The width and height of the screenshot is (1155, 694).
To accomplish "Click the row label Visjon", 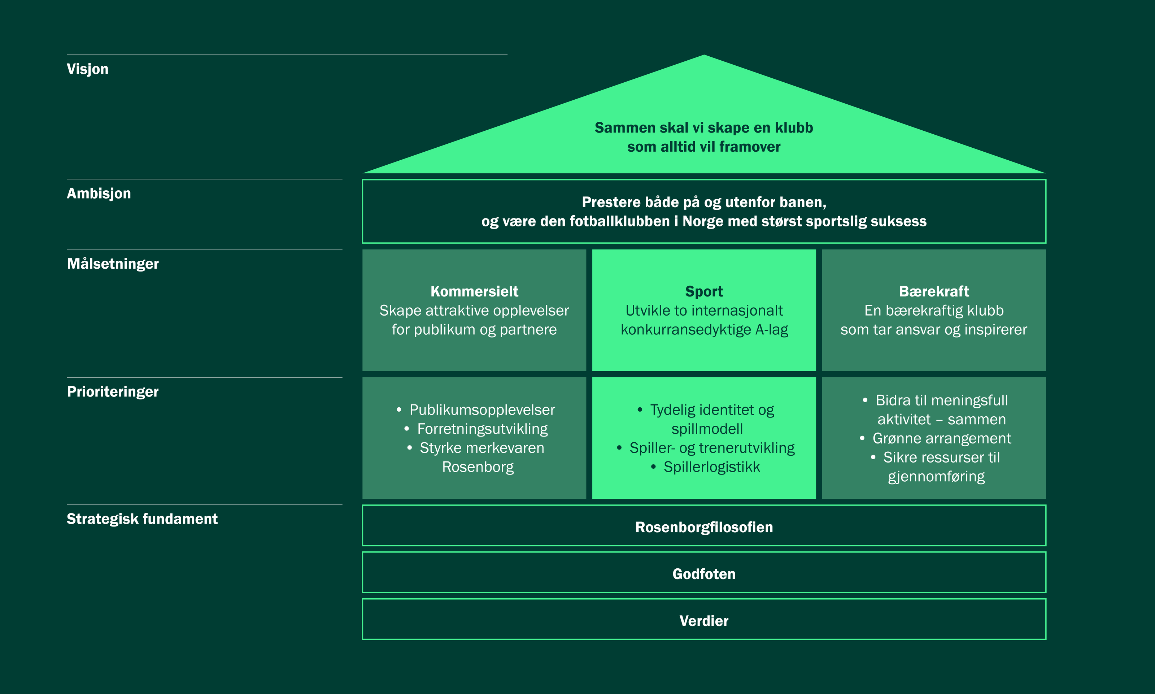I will point(87,69).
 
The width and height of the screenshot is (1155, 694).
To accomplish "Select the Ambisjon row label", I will point(99,194).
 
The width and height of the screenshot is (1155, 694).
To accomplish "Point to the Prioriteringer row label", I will point(113,391).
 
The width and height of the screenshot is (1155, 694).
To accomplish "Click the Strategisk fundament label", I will point(142,519).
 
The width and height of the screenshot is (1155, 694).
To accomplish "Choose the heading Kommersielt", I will point(474,291).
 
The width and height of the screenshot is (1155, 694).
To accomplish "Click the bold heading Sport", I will point(704,291).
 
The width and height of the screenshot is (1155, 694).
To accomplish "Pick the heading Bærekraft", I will point(934,291).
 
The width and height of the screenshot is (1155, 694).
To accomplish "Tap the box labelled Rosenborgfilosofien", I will point(704,527).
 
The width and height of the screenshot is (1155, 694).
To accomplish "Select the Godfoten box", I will point(704,574).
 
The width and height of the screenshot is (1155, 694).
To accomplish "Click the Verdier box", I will point(704,621).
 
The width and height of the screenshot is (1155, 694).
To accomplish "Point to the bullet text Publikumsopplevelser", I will point(482,410).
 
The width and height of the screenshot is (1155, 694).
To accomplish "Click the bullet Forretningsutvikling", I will point(482,429).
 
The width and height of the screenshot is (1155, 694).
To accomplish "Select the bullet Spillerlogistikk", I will point(711,467).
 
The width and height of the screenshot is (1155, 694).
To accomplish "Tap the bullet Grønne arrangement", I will point(941,439).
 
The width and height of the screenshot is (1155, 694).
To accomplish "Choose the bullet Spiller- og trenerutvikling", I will point(711,448).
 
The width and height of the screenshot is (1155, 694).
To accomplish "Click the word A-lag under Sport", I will point(772,330).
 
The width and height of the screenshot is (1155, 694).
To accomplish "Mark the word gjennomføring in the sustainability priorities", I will point(936,477).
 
